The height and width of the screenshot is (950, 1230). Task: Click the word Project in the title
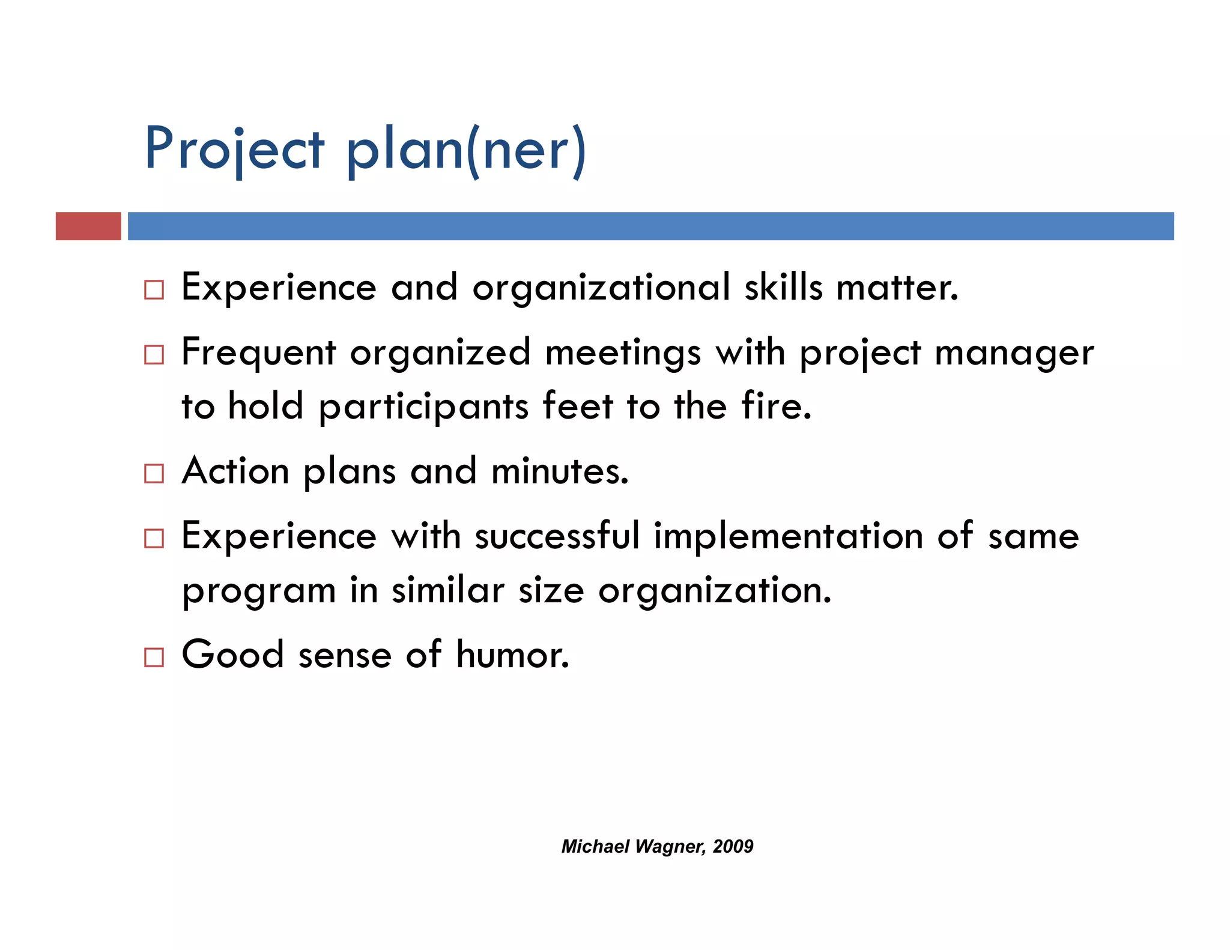[x=234, y=149]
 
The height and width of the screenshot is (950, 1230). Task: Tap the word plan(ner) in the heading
[x=466, y=149]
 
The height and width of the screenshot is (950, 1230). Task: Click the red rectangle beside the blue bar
[x=88, y=226]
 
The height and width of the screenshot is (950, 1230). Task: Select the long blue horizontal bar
[x=650, y=226]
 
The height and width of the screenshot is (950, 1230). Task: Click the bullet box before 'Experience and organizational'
[x=154, y=290]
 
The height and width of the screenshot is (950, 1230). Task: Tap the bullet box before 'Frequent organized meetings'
[x=154, y=355]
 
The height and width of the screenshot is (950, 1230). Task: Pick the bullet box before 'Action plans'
[x=154, y=474]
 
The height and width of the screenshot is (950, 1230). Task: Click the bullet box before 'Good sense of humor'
[x=154, y=658]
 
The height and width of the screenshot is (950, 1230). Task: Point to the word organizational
[x=601, y=288]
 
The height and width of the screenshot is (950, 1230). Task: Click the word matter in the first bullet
[x=897, y=288]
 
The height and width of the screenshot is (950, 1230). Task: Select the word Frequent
[x=258, y=353]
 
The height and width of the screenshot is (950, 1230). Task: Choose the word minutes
[x=560, y=471]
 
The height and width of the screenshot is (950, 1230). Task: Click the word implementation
[x=788, y=536]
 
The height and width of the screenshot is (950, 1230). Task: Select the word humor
[x=512, y=655]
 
